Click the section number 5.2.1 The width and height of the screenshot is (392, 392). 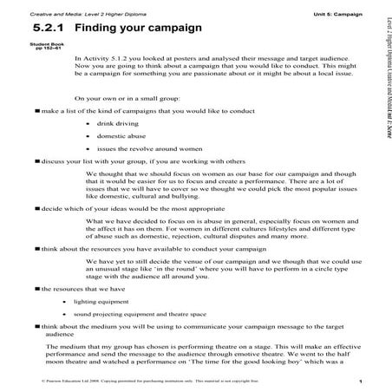click(49, 28)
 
